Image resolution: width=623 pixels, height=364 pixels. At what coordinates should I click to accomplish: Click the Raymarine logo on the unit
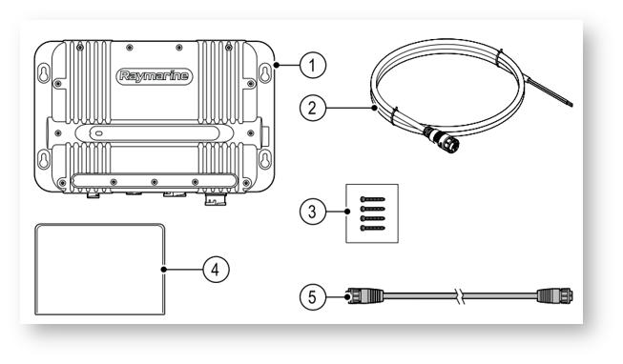click(155, 76)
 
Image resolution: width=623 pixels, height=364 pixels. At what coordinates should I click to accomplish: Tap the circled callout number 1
click(313, 65)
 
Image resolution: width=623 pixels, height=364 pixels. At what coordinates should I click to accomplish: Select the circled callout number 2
click(313, 108)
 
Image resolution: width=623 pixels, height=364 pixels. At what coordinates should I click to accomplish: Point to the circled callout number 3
click(313, 212)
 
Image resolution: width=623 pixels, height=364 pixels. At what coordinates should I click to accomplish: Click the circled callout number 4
click(216, 270)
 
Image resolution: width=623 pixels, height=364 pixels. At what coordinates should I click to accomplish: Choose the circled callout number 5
click(313, 297)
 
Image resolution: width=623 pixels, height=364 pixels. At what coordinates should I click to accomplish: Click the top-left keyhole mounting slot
click(44, 72)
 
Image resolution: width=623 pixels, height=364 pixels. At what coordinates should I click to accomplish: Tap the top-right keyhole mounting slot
click(265, 72)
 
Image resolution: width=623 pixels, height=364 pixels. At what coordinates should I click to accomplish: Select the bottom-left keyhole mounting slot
click(44, 159)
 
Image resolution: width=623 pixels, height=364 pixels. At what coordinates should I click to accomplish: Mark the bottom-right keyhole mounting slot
click(265, 159)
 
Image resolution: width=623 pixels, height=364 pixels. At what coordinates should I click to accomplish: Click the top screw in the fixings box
click(372, 199)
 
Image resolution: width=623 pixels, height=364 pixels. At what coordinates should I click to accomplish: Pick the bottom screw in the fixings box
click(372, 228)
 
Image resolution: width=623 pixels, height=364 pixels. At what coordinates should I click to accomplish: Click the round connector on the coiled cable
click(442, 138)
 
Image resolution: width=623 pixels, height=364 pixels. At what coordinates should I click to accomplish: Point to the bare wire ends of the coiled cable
click(550, 93)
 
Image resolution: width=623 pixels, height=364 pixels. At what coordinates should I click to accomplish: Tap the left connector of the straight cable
click(364, 296)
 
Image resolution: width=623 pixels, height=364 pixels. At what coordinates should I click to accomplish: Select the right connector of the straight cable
click(555, 296)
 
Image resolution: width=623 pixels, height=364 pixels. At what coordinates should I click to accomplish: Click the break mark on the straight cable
click(460, 296)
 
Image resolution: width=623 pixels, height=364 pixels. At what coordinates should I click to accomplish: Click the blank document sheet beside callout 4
click(100, 270)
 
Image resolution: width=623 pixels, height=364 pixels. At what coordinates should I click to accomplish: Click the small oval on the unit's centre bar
click(98, 133)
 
